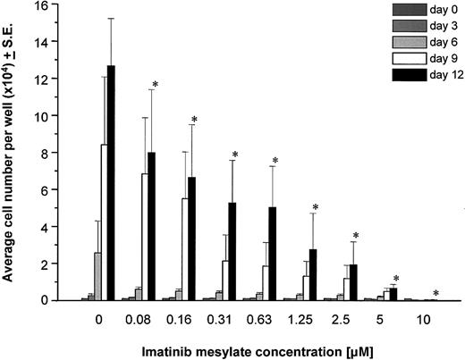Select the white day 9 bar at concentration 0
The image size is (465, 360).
[x=104, y=223]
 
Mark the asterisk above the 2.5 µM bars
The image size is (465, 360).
[x=355, y=237]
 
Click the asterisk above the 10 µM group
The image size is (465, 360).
[x=435, y=293]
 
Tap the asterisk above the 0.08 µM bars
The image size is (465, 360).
[x=155, y=86]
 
